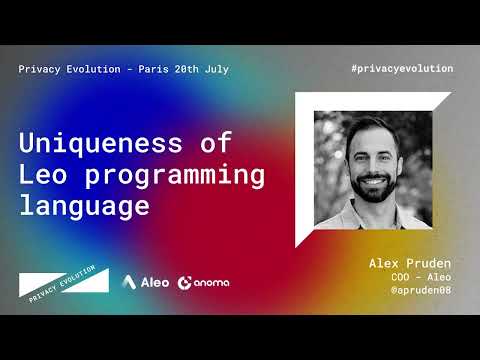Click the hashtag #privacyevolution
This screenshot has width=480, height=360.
click(403, 68)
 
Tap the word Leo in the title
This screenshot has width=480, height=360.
click(44, 177)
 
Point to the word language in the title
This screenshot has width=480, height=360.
click(84, 208)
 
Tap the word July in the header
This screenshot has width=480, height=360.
click(215, 69)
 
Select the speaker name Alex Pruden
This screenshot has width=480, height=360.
click(411, 262)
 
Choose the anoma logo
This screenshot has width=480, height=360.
click(203, 282)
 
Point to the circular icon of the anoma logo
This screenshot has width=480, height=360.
click(185, 282)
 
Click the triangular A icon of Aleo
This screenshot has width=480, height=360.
click(131, 282)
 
